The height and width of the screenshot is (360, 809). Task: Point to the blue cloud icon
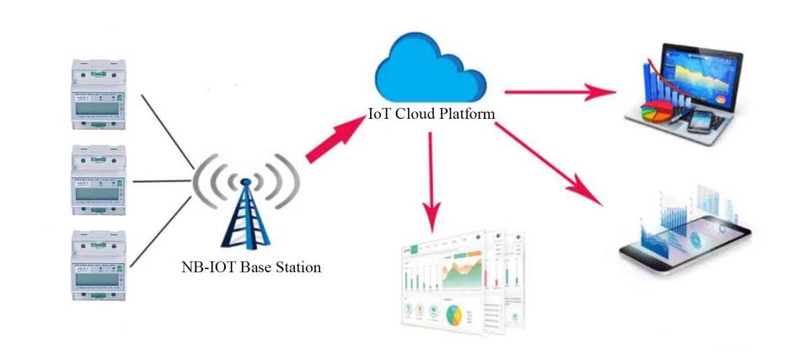click(431, 71)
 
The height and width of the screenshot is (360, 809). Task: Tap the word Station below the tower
click(297, 268)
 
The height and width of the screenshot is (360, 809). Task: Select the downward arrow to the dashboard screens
click(433, 177)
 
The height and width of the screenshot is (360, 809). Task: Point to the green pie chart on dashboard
click(453, 317)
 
